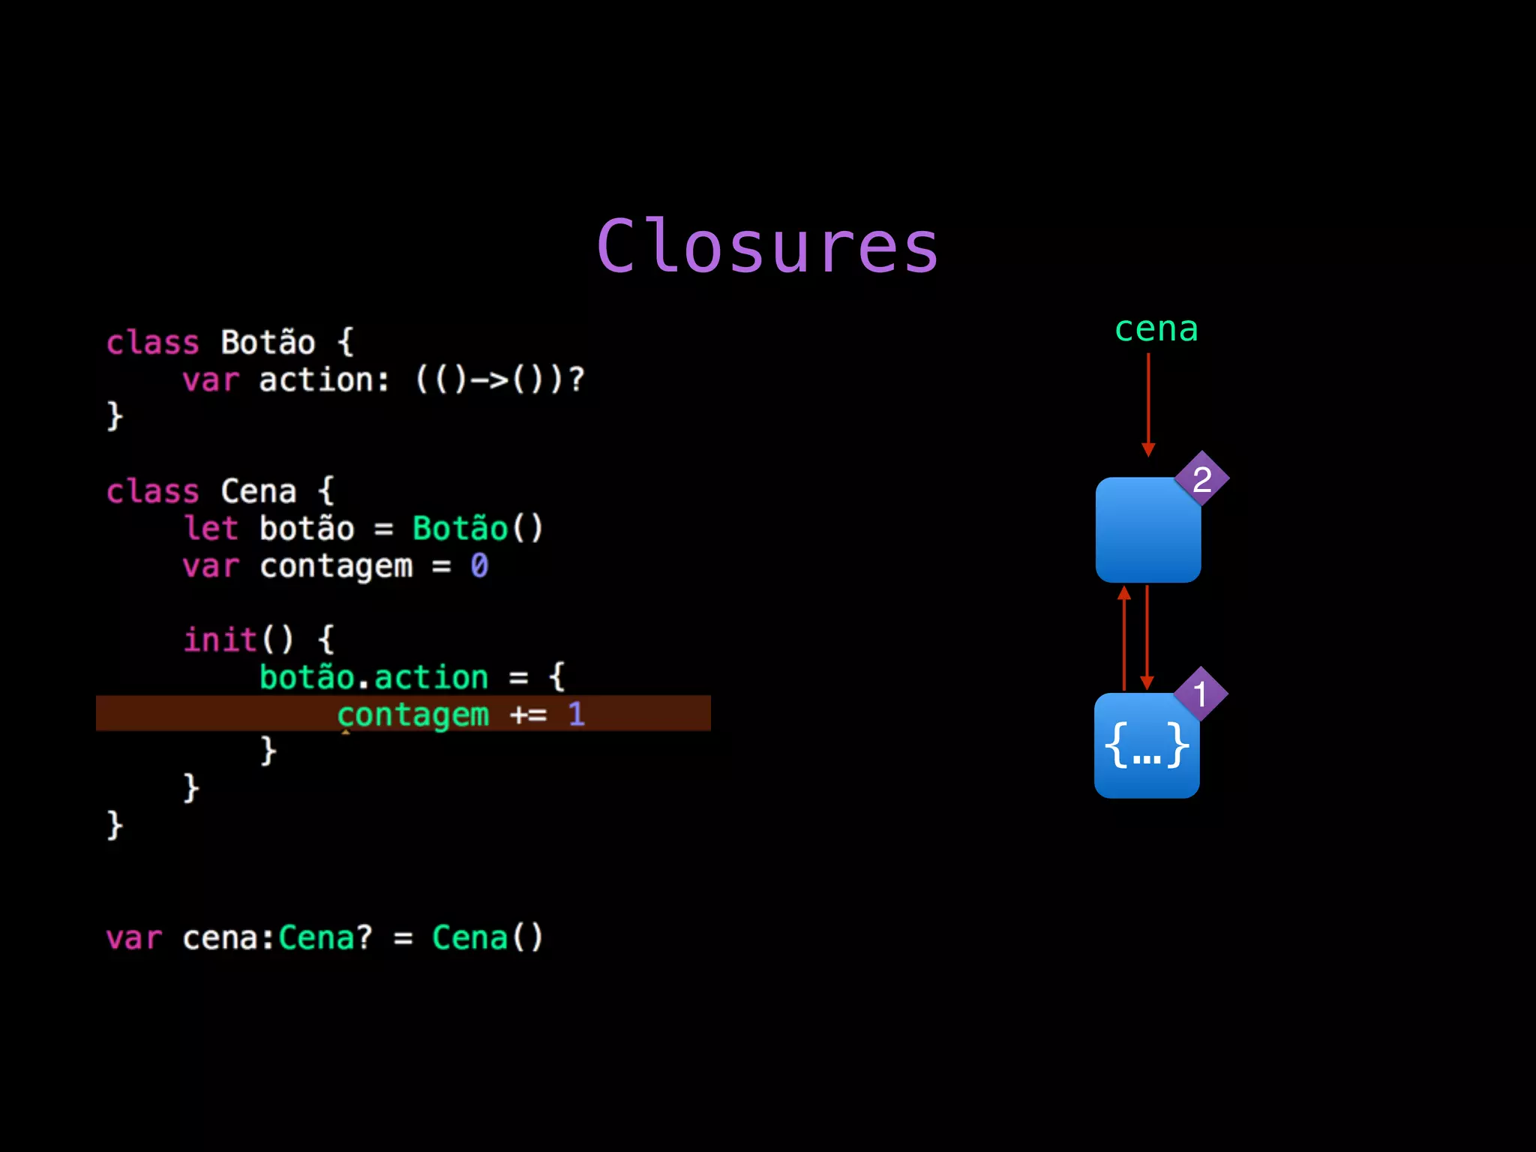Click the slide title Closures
pos(767,247)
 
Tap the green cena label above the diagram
pos(1156,330)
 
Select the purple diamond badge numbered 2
pos(1201,479)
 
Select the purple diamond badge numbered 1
pos(1200,694)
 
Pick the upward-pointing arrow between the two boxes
pos(1124,637)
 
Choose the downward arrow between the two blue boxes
pos(1147,637)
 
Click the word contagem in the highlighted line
pos(413,715)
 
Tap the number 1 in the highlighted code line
pos(576,714)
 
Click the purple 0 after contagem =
pos(479,565)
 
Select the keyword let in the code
pos(211,529)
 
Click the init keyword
pos(220,640)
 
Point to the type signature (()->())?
pos(499,380)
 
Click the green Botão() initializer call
pos(477,529)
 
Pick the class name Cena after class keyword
pos(258,492)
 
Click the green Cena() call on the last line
pos(487,938)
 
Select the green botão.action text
pos(373,677)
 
